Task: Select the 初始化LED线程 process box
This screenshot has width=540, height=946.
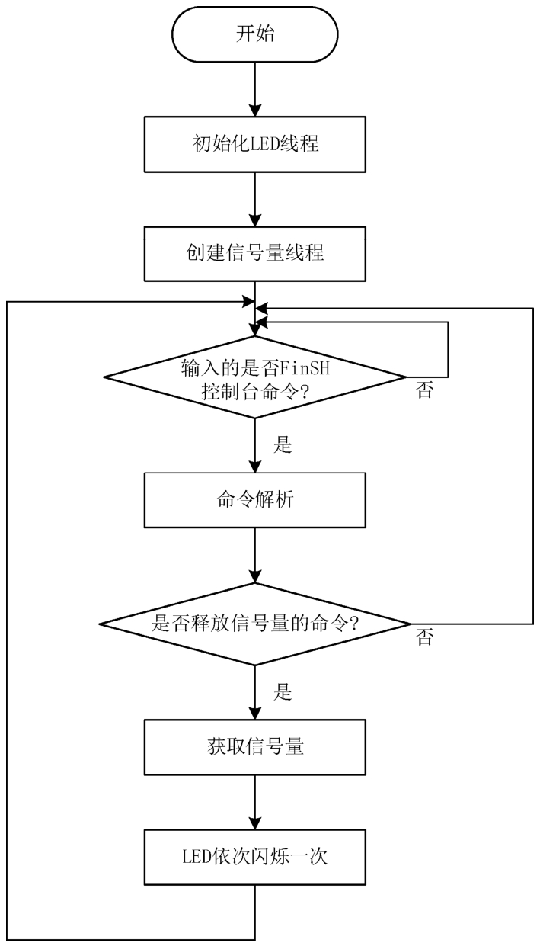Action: (x=255, y=144)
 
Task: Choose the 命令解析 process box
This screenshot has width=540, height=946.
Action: (x=255, y=503)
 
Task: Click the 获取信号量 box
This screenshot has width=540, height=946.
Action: (x=255, y=747)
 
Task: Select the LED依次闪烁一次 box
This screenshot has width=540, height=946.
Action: (x=255, y=856)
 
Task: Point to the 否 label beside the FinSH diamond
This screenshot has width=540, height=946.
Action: (x=424, y=392)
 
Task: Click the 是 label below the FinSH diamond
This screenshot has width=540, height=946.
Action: (x=283, y=447)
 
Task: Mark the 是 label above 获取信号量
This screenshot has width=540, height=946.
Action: (x=283, y=694)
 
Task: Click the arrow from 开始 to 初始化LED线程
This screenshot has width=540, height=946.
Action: (x=255, y=90)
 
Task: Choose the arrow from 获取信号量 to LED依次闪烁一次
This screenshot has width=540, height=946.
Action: (x=255, y=802)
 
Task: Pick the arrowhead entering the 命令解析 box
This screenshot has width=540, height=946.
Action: (x=255, y=470)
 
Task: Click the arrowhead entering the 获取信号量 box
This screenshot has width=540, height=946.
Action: (x=255, y=715)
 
